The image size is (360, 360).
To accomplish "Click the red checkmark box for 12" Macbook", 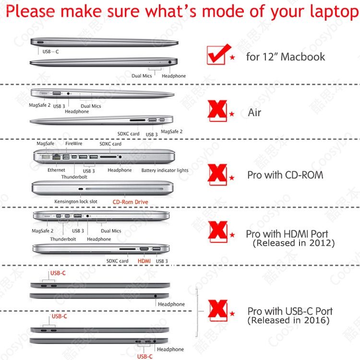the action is (x=217, y=55).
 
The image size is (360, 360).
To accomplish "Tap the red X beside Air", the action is (x=217, y=111).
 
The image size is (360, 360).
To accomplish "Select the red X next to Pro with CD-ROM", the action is (x=217, y=175).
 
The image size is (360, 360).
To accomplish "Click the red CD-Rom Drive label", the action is (x=130, y=202).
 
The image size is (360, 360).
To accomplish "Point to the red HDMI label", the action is (x=144, y=261).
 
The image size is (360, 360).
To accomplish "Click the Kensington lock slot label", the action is (x=76, y=202).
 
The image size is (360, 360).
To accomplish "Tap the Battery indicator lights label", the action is (x=165, y=170).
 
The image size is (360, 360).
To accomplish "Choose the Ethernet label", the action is (x=56, y=170).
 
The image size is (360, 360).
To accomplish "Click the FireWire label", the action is (x=74, y=144).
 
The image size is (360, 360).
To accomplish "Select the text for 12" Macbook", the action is (x=286, y=57).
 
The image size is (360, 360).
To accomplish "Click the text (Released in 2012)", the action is (x=294, y=243).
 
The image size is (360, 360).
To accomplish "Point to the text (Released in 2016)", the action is (x=288, y=320).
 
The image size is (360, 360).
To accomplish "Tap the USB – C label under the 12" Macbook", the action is (x=50, y=52).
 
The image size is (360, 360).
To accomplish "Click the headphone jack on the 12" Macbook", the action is (x=170, y=62).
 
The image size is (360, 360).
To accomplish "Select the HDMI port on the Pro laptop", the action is (x=144, y=249).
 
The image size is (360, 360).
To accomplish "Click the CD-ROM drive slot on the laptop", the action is (x=124, y=189).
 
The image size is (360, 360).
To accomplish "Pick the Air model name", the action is (x=254, y=113).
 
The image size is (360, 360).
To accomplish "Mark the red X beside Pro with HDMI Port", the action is (x=217, y=232).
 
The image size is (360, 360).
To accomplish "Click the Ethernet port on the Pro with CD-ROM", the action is (x=56, y=157).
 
